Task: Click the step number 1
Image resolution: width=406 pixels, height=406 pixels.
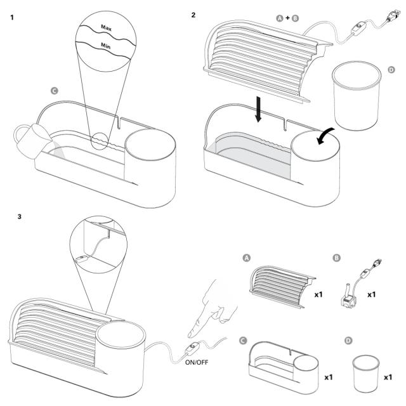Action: click(x=12, y=18)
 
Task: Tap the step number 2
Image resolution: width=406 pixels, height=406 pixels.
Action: click(x=193, y=15)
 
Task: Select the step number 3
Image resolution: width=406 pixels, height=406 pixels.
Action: click(x=20, y=216)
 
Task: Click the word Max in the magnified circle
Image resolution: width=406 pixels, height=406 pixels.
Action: click(x=106, y=27)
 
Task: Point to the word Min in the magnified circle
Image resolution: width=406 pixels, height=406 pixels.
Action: click(x=106, y=46)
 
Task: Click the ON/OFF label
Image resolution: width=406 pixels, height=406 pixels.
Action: click(x=197, y=362)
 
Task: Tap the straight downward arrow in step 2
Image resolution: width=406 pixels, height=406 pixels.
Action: click(x=258, y=109)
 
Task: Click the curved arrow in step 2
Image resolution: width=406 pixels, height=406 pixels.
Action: click(x=325, y=136)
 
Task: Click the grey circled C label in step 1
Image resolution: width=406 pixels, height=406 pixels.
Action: click(x=55, y=91)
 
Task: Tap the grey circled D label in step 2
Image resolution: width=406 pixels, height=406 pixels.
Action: click(x=391, y=70)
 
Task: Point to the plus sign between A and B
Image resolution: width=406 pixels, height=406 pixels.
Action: click(x=287, y=18)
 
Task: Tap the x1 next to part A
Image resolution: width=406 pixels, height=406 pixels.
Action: click(x=318, y=294)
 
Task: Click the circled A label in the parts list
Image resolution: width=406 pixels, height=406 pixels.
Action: click(x=247, y=258)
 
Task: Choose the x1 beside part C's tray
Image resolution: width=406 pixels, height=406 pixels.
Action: click(x=329, y=377)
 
